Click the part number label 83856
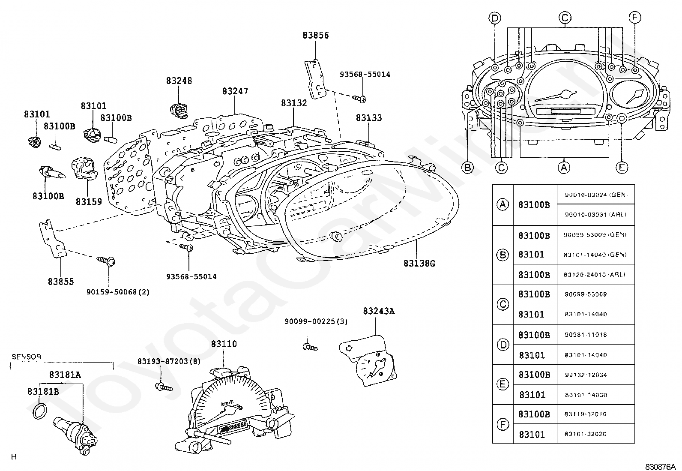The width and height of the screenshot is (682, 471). click(x=316, y=35)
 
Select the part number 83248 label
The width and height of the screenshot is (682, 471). click(x=179, y=81)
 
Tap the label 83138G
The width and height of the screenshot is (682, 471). click(x=419, y=263)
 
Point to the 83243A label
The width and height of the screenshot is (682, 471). click(x=378, y=311)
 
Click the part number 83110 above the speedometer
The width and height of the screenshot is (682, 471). click(x=224, y=344)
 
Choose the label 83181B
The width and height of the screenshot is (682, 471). click(x=43, y=391)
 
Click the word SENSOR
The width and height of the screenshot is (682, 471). click(x=27, y=357)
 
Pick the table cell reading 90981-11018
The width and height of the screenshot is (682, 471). click(x=586, y=335)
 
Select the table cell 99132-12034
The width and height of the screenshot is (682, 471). click(x=586, y=375)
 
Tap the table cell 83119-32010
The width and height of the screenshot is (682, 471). click(x=585, y=414)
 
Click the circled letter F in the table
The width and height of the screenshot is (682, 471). click(x=503, y=424)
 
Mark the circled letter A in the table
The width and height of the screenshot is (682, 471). click(x=503, y=204)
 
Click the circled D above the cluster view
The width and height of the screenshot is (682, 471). click(x=495, y=18)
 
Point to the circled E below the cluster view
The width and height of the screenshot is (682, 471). click(x=622, y=167)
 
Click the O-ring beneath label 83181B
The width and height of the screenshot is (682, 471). click(x=40, y=411)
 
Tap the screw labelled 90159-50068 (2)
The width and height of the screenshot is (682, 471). click(x=106, y=261)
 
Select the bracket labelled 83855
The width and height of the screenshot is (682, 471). click(x=52, y=238)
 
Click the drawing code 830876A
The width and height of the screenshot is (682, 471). click(x=660, y=467)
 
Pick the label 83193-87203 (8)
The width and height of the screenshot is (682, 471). click(x=169, y=361)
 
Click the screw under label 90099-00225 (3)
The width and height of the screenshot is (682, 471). click(x=310, y=347)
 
